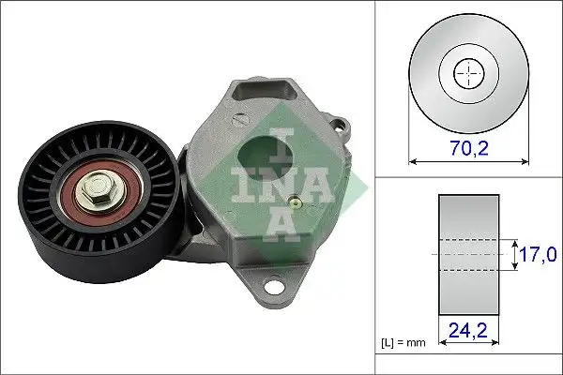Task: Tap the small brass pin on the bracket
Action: pos(296,201)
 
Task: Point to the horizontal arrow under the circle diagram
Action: pos(466,160)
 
